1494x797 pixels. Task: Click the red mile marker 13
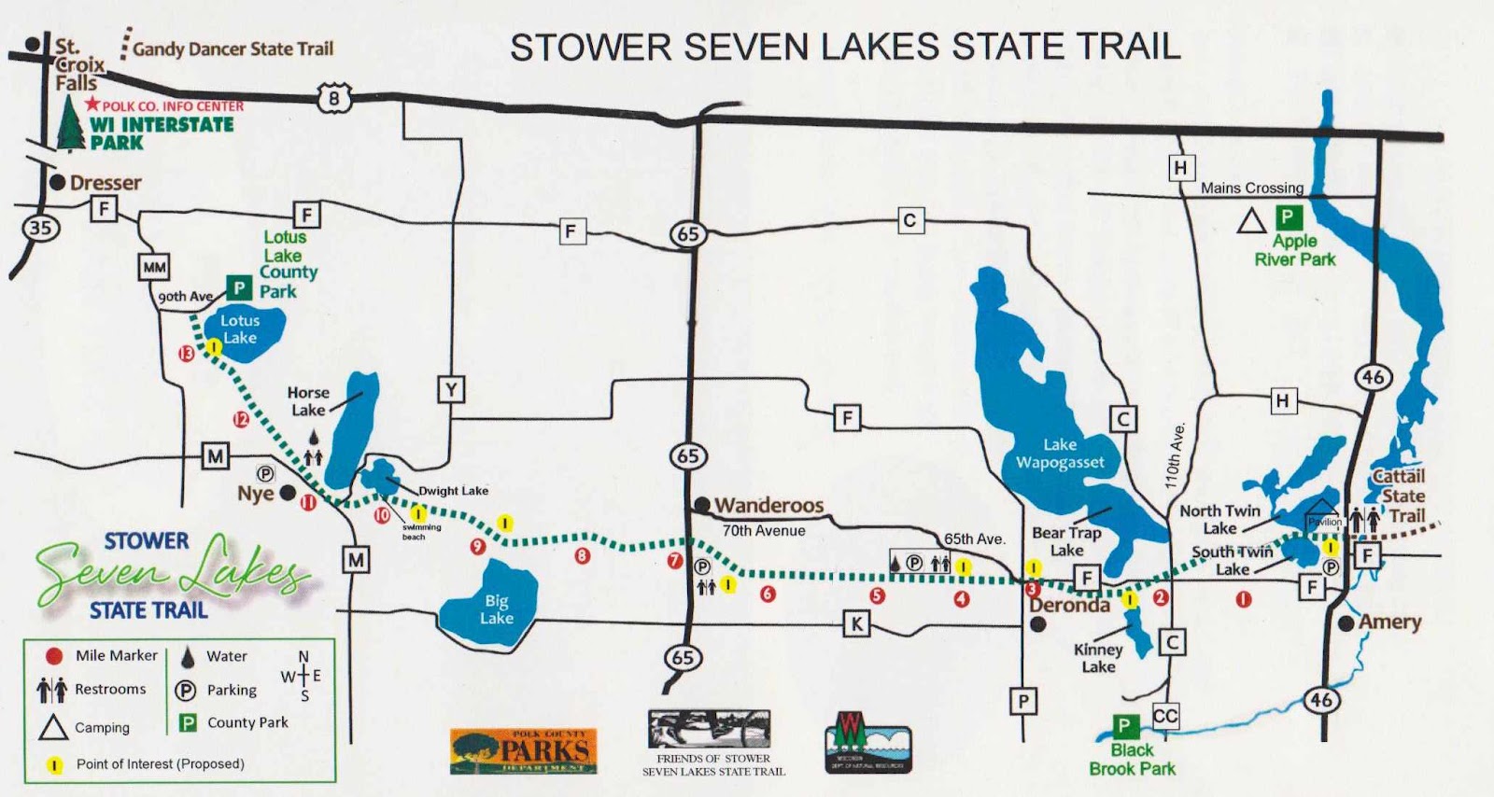click(187, 354)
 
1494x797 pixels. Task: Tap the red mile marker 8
click(583, 556)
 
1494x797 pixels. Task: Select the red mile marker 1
click(1244, 599)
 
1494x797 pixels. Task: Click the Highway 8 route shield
click(333, 97)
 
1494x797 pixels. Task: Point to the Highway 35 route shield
click(40, 227)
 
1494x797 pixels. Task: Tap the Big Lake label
click(497, 609)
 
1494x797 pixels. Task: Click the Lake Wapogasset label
click(1060, 454)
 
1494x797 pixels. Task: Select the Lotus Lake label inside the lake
click(240, 329)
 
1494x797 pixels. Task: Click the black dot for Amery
click(1346, 622)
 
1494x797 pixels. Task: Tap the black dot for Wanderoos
click(701, 505)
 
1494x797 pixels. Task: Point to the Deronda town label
click(1069, 605)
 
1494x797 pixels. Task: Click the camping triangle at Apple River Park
click(1251, 221)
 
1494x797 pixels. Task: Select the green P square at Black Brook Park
click(1124, 726)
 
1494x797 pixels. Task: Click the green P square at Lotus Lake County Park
click(239, 287)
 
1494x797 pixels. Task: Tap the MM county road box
click(154, 267)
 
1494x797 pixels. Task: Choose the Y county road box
click(451, 389)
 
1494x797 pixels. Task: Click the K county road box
click(856, 623)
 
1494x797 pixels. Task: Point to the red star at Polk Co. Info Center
click(92, 105)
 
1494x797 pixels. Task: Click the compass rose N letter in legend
click(303, 657)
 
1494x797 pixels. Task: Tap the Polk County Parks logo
click(523, 750)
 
